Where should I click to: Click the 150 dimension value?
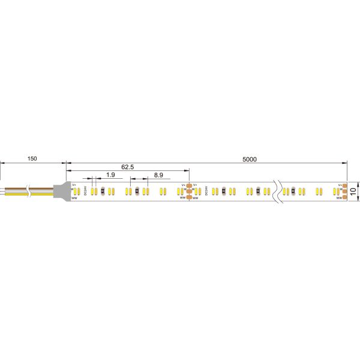32,159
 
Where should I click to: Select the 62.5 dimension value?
127,167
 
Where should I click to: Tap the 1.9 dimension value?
110,175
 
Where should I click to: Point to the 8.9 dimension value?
159,175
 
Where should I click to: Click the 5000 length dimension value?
250,159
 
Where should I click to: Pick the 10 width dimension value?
353,191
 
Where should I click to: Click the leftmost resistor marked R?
103,191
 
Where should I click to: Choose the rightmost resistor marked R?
293,191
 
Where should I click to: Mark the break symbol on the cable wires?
3,191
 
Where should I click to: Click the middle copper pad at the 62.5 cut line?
189,191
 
